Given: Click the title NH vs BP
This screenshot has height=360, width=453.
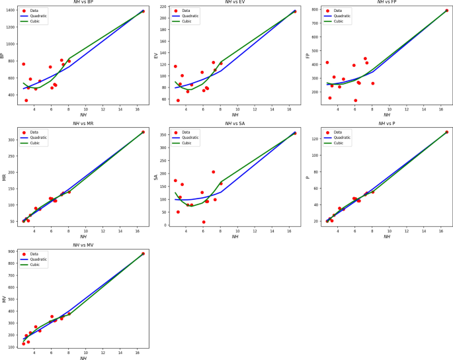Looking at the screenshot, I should point(83,3).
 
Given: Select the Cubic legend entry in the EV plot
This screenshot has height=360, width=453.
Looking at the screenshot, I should point(186,21).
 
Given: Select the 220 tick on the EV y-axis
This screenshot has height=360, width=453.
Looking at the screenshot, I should point(163,7).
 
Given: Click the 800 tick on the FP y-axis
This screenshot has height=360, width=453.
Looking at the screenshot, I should point(315,10).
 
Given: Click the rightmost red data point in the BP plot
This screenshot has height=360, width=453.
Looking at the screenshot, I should point(143,11).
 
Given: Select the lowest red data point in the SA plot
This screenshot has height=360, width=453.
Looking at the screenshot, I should point(204,222).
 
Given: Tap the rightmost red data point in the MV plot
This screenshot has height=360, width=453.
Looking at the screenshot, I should point(143,253).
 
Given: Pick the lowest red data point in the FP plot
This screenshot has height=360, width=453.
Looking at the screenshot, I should point(355,101).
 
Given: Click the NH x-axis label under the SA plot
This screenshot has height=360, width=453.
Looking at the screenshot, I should point(235,236).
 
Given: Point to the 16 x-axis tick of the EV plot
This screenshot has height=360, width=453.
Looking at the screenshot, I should point(289,109).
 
